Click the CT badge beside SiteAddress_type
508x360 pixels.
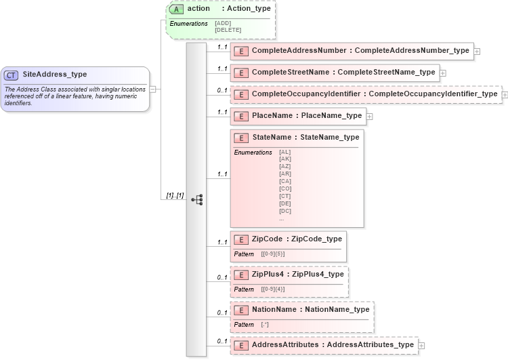12,75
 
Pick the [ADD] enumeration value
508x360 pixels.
222,23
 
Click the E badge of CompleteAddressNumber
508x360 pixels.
240,51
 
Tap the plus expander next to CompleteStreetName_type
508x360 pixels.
442,73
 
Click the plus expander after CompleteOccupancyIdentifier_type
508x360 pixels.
505,94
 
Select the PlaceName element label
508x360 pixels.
272,116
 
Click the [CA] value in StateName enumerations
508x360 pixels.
285,181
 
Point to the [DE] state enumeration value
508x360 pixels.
285,203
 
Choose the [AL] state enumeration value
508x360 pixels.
285,152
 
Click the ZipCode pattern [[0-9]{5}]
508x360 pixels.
273,254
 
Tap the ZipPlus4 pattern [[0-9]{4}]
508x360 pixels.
273,289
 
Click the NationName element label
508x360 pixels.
274,309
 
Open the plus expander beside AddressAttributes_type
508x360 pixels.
421,345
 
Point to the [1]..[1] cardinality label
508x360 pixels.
175,195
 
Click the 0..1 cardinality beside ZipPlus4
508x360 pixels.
221,277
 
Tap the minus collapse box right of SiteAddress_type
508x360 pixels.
153,89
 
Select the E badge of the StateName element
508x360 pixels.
240,138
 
